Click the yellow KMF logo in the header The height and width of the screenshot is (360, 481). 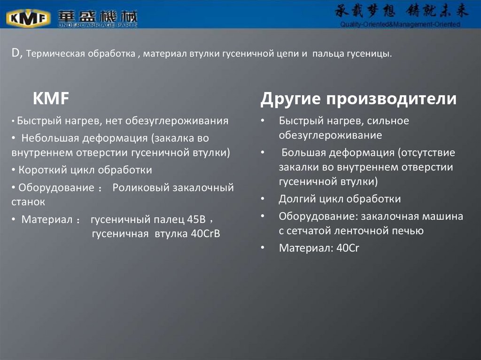[28, 18]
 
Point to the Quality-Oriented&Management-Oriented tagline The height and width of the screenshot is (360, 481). [400, 24]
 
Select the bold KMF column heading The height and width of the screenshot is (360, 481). [51, 99]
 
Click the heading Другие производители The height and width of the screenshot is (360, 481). [358, 99]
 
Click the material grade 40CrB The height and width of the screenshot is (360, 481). [205, 233]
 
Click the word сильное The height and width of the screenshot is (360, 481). [385, 121]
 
